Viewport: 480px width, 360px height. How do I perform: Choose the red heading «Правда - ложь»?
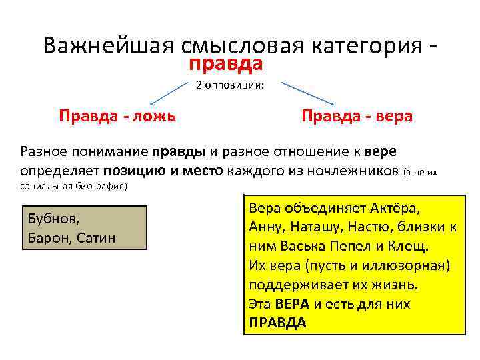coord(117,116)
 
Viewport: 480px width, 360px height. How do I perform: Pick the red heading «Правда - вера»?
coord(357,116)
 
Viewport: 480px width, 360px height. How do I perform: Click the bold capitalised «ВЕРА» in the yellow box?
coord(292,304)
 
